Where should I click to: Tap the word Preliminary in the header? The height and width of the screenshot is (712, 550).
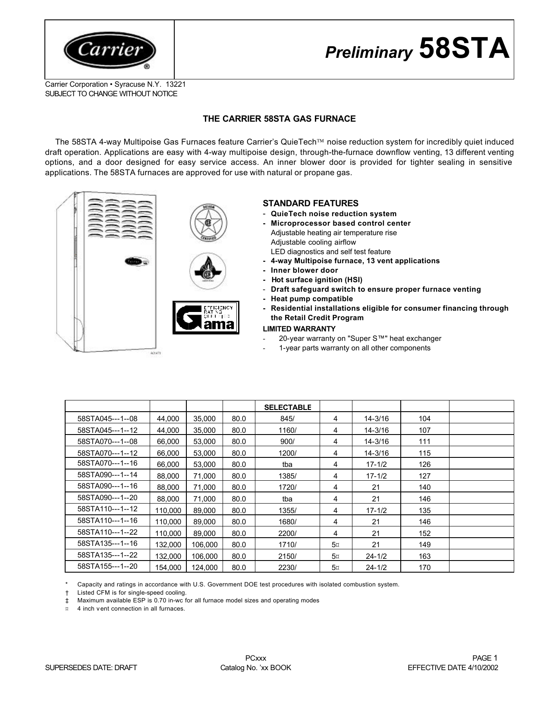tap(369, 53)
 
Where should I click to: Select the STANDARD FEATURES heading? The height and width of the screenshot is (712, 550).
tap(311, 203)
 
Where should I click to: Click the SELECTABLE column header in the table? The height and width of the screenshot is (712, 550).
tap(287, 407)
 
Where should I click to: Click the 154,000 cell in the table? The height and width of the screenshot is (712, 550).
tap(168, 568)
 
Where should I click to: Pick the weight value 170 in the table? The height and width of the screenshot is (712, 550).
tap(424, 568)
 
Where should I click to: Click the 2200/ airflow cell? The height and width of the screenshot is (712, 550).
tap(287, 533)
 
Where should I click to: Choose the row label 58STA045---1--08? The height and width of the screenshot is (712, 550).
tap(107, 418)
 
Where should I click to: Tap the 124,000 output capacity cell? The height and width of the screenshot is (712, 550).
tap(204, 568)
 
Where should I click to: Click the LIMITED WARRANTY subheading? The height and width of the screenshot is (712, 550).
tap(299, 329)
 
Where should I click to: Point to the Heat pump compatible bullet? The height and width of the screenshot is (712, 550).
tap(311, 299)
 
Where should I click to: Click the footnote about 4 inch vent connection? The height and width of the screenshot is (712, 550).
tap(131, 608)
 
